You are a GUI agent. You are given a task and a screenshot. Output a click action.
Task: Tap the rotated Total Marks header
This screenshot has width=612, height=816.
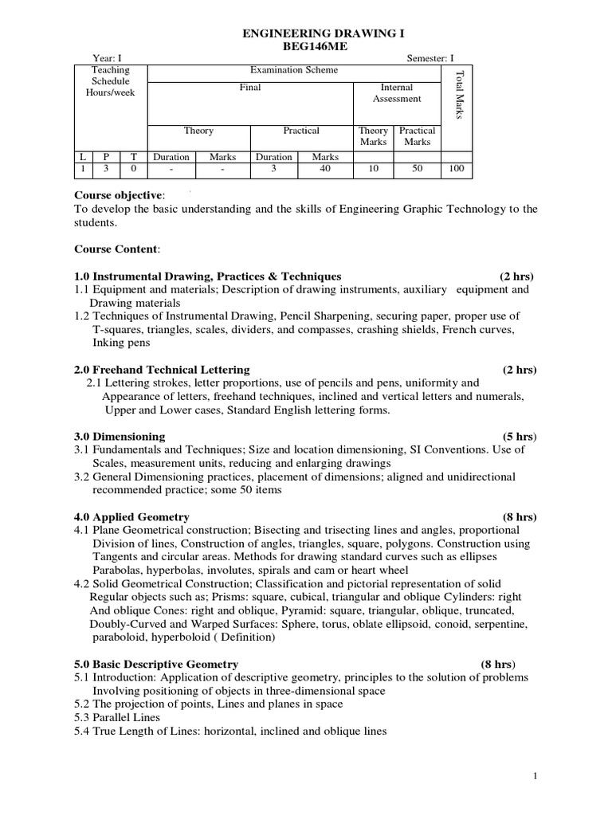458,96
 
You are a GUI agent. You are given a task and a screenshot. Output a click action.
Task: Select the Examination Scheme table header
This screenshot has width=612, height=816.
294,70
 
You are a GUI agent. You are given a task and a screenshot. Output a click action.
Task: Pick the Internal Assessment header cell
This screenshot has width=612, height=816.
397,93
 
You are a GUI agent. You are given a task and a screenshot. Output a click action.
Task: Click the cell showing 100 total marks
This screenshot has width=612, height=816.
456,170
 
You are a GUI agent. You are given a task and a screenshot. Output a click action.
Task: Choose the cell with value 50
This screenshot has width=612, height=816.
417,170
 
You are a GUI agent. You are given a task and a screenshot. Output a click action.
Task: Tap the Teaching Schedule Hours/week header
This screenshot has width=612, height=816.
111,81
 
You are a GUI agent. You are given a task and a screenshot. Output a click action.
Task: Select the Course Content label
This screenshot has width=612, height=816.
117,249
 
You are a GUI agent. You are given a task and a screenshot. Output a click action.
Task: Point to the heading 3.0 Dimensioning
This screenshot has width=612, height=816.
120,436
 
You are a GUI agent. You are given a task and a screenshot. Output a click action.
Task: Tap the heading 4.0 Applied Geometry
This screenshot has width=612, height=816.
131,516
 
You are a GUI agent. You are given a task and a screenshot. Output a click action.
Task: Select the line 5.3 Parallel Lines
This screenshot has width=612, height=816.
117,717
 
